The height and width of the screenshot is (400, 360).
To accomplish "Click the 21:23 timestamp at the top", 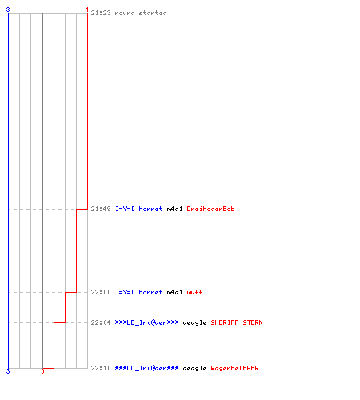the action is (x=101, y=13).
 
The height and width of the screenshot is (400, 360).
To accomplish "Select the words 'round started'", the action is (x=141, y=13).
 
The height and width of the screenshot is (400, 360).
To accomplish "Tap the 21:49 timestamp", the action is (x=101, y=209).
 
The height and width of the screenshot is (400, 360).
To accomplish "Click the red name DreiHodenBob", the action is (x=210, y=209).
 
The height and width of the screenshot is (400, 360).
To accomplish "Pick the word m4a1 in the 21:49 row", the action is (x=174, y=209).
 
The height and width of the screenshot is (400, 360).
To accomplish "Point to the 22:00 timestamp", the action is (x=101, y=292).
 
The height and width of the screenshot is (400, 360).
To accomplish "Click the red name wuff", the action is (x=194, y=292).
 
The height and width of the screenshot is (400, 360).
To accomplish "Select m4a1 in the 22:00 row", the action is (x=174, y=292).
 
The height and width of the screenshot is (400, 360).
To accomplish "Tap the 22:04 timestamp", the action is (x=101, y=322).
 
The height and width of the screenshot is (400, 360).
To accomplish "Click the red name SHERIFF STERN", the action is (x=237, y=322).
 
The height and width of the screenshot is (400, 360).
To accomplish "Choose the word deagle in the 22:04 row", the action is (x=194, y=322).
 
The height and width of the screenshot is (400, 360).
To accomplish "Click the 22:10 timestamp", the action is (x=101, y=368).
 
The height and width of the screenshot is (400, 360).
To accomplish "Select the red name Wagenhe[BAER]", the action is (x=237, y=368).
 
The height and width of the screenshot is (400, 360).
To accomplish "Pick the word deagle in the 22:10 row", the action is (x=194, y=368).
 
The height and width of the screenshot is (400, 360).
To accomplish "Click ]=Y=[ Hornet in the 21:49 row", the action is (x=138, y=209).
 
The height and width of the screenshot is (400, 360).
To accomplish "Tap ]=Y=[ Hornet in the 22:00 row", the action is (x=138, y=292).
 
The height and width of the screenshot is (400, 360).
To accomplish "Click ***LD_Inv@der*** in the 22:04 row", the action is (x=146, y=322).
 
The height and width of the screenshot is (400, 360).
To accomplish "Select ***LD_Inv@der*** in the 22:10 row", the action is (x=146, y=368).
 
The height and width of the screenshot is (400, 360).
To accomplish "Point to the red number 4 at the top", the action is (x=86, y=10).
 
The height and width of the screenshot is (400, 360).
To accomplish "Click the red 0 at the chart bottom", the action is (x=42, y=371).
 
